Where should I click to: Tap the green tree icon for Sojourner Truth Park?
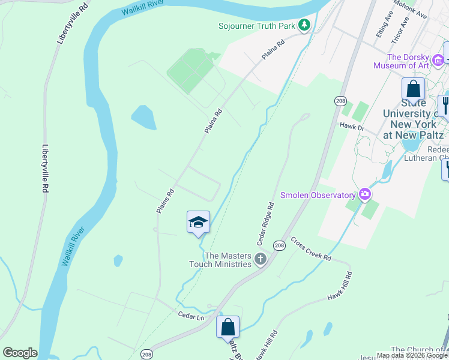(x=306, y=25)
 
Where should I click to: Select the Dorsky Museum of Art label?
(x=402, y=61)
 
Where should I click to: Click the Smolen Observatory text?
(x=318, y=195)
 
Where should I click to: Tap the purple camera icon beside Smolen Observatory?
(x=364, y=194)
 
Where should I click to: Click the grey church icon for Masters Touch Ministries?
(x=260, y=259)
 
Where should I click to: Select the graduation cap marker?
(x=198, y=223)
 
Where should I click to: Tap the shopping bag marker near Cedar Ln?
(x=228, y=328)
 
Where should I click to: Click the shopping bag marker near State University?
(x=413, y=89)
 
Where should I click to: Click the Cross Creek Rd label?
(x=311, y=248)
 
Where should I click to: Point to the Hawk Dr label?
(x=352, y=127)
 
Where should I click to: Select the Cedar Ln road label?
(x=190, y=314)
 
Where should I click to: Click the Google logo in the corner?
(x=20, y=353)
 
